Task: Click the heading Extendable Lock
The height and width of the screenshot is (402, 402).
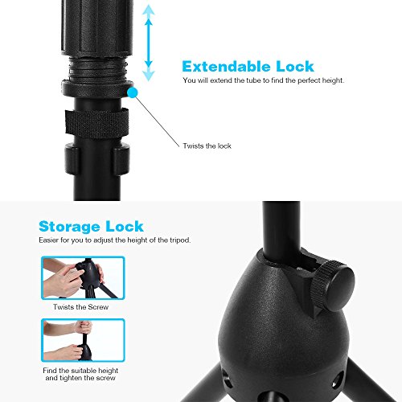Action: pos(248,67)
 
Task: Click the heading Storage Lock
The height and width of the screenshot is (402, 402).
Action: pos(91,227)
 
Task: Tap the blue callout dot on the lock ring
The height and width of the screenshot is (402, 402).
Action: pos(133,92)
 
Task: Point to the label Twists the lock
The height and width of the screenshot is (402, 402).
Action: pos(207,146)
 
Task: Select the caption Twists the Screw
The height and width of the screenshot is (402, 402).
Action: pos(80,307)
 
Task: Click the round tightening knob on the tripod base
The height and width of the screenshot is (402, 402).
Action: pos(334,285)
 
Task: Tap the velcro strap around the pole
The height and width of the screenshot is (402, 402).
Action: pos(96,123)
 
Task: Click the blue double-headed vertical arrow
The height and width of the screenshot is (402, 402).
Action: pos(148,43)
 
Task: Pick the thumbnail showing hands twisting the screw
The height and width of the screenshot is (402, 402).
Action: pos(83,278)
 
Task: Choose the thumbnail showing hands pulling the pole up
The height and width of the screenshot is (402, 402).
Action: pos(83,340)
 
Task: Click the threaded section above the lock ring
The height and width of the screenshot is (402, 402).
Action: pos(97,69)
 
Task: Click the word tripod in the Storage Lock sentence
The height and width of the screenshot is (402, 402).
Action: pos(180,240)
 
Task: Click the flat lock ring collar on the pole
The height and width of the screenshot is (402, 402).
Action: pos(97,88)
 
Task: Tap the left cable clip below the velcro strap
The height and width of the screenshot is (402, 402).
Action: pos(72,158)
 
